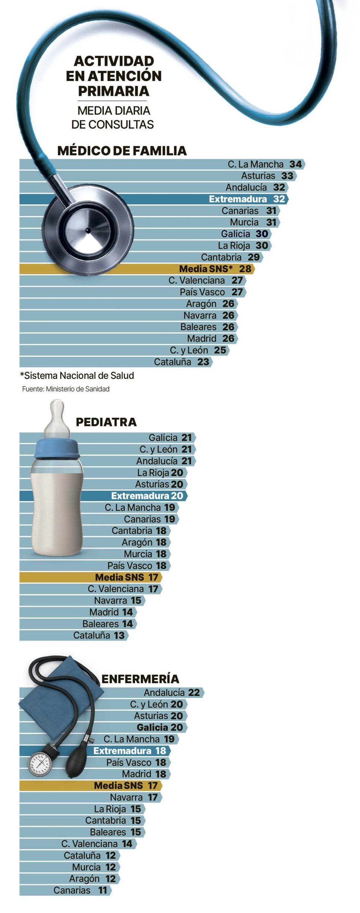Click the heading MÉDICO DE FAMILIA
[122, 151]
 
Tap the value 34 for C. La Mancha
[295, 164]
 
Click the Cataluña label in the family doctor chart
[172, 362]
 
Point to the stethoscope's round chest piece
[88, 230]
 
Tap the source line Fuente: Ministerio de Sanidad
[66, 389]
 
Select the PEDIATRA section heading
[106, 422]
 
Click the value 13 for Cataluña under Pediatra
[119, 636]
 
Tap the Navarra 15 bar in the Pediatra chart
[82, 600]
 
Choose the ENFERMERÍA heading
[140, 679]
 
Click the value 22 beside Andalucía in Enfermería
[194, 693]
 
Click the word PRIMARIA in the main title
[113, 91]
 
